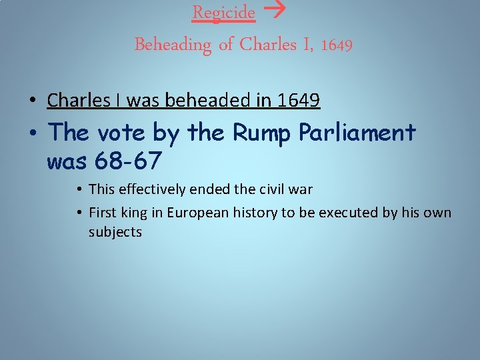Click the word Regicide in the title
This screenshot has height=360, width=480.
(x=223, y=13)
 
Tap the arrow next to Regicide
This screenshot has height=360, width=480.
(x=271, y=12)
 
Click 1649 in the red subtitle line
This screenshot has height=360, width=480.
(x=337, y=45)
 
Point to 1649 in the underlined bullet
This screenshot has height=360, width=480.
(x=298, y=100)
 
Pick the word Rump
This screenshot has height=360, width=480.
(x=263, y=133)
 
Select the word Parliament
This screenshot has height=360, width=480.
(x=357, y=133)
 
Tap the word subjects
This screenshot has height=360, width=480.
(x=115, y=232)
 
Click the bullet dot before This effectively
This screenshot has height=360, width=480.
(x=79, y=190)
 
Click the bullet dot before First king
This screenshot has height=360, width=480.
(x=79, y=213)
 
